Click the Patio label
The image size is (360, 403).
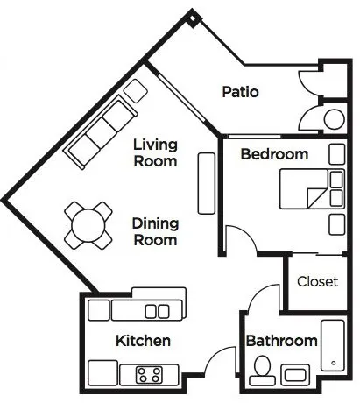240,92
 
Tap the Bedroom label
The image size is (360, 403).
274,154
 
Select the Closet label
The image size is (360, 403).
318,281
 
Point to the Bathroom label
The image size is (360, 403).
281,341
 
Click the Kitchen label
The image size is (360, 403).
143,341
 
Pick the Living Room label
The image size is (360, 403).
155,152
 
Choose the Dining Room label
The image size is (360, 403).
155,231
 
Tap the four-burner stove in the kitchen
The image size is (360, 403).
149,375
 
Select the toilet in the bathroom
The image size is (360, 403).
262,370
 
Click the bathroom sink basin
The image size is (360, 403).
295,375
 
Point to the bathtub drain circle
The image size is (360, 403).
334,363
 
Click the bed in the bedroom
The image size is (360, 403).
312,189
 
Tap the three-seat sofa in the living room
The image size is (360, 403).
101,131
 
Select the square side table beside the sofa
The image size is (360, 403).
135,90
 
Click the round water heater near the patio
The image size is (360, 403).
335,119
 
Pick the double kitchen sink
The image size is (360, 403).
157,311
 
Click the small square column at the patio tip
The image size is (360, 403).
193,18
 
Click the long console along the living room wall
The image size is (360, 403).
207,183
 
